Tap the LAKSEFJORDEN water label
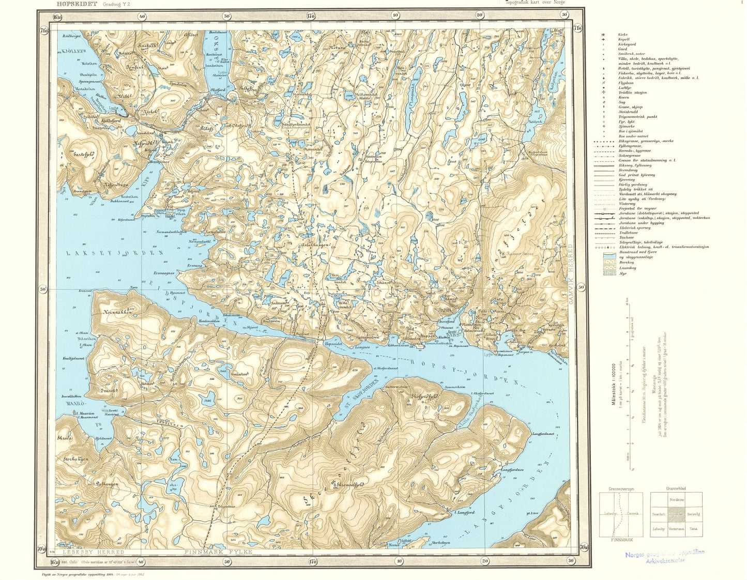pyautogui.click(x=114, y=253)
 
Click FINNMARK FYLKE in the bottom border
pyautogui.click(x=218, y=552)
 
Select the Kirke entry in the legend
pyautogui.click(x=623, y=34)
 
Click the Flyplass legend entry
pyautogui.click(x=626, y=83)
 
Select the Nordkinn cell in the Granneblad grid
pyautogui.click(x=676, y=499)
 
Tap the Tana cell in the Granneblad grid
pyautogui.click(x=693, y=529)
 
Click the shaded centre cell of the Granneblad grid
pyautogui.click(x=676, y=514)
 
